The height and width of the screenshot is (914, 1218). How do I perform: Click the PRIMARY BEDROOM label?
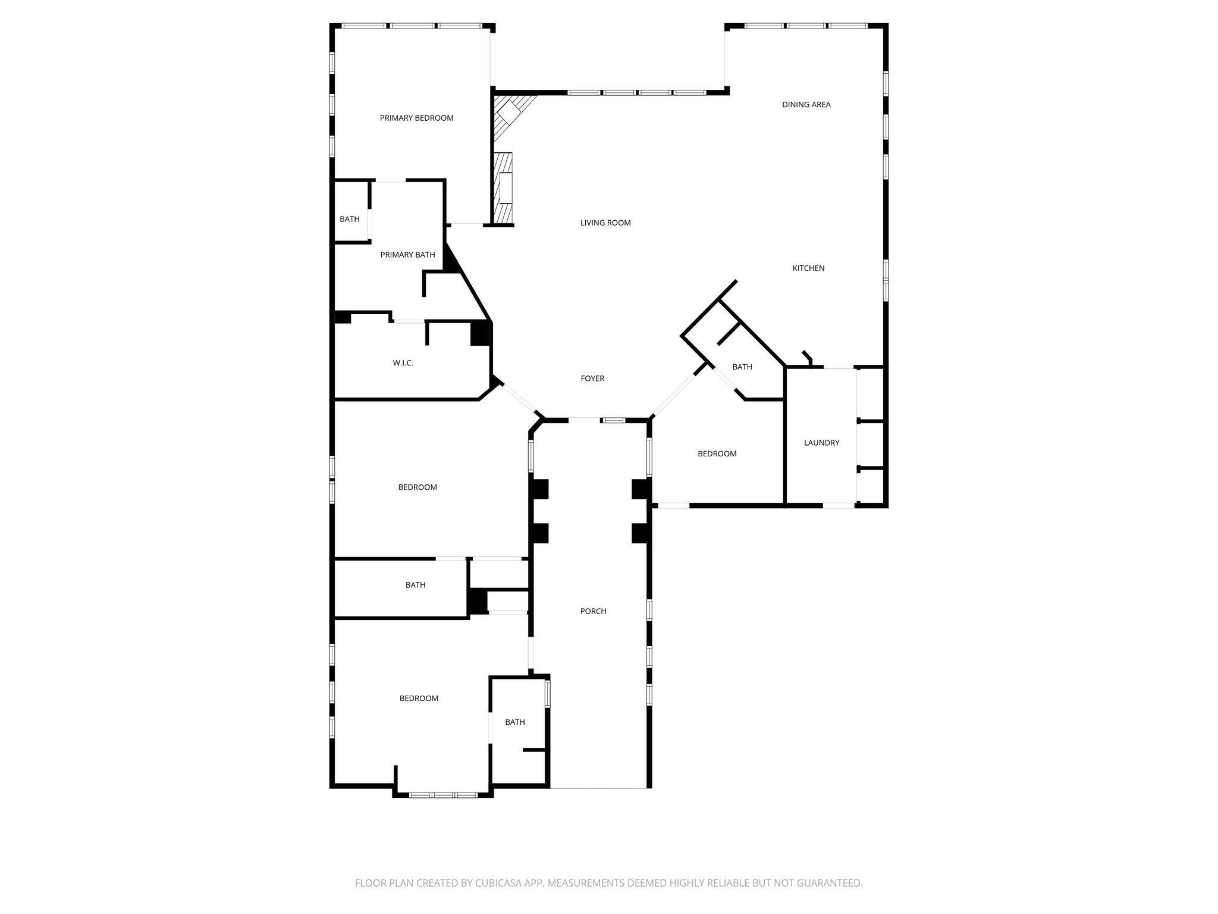pos(416,118)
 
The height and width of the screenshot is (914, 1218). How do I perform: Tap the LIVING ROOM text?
pos(605,223)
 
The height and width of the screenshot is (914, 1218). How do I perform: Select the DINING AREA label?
pos(806,105)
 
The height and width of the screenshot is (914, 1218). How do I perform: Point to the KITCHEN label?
pos(808,268)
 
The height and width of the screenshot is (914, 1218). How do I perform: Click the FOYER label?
pos(592,378)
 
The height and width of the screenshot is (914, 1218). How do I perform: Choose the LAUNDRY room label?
pos(821,443)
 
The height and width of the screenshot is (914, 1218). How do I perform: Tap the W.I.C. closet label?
pos(403,363)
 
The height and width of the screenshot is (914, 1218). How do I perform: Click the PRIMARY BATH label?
pos(407,255)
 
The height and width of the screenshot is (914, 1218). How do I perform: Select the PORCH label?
pos(593,611)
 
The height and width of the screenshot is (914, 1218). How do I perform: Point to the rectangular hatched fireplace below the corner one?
pos(504,188)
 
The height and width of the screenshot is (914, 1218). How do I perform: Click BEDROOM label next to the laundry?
pos(717,453)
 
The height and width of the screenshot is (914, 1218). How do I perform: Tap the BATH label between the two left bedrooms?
pos(415,585)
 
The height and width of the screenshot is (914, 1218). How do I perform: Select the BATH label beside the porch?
pos(514,722)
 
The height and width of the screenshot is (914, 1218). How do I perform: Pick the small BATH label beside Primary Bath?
pos(350,219)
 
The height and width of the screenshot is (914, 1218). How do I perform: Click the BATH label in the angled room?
pos(742,367)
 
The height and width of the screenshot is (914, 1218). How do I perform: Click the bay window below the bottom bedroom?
pos(443,794)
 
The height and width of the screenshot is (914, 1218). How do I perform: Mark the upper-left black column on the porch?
pos(539,489)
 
